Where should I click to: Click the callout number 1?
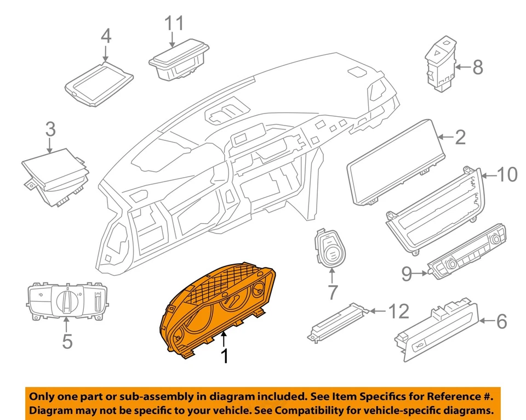[224, 356]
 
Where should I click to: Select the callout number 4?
[106, 36]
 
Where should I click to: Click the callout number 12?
[398, 311]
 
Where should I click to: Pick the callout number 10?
[507, 174]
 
